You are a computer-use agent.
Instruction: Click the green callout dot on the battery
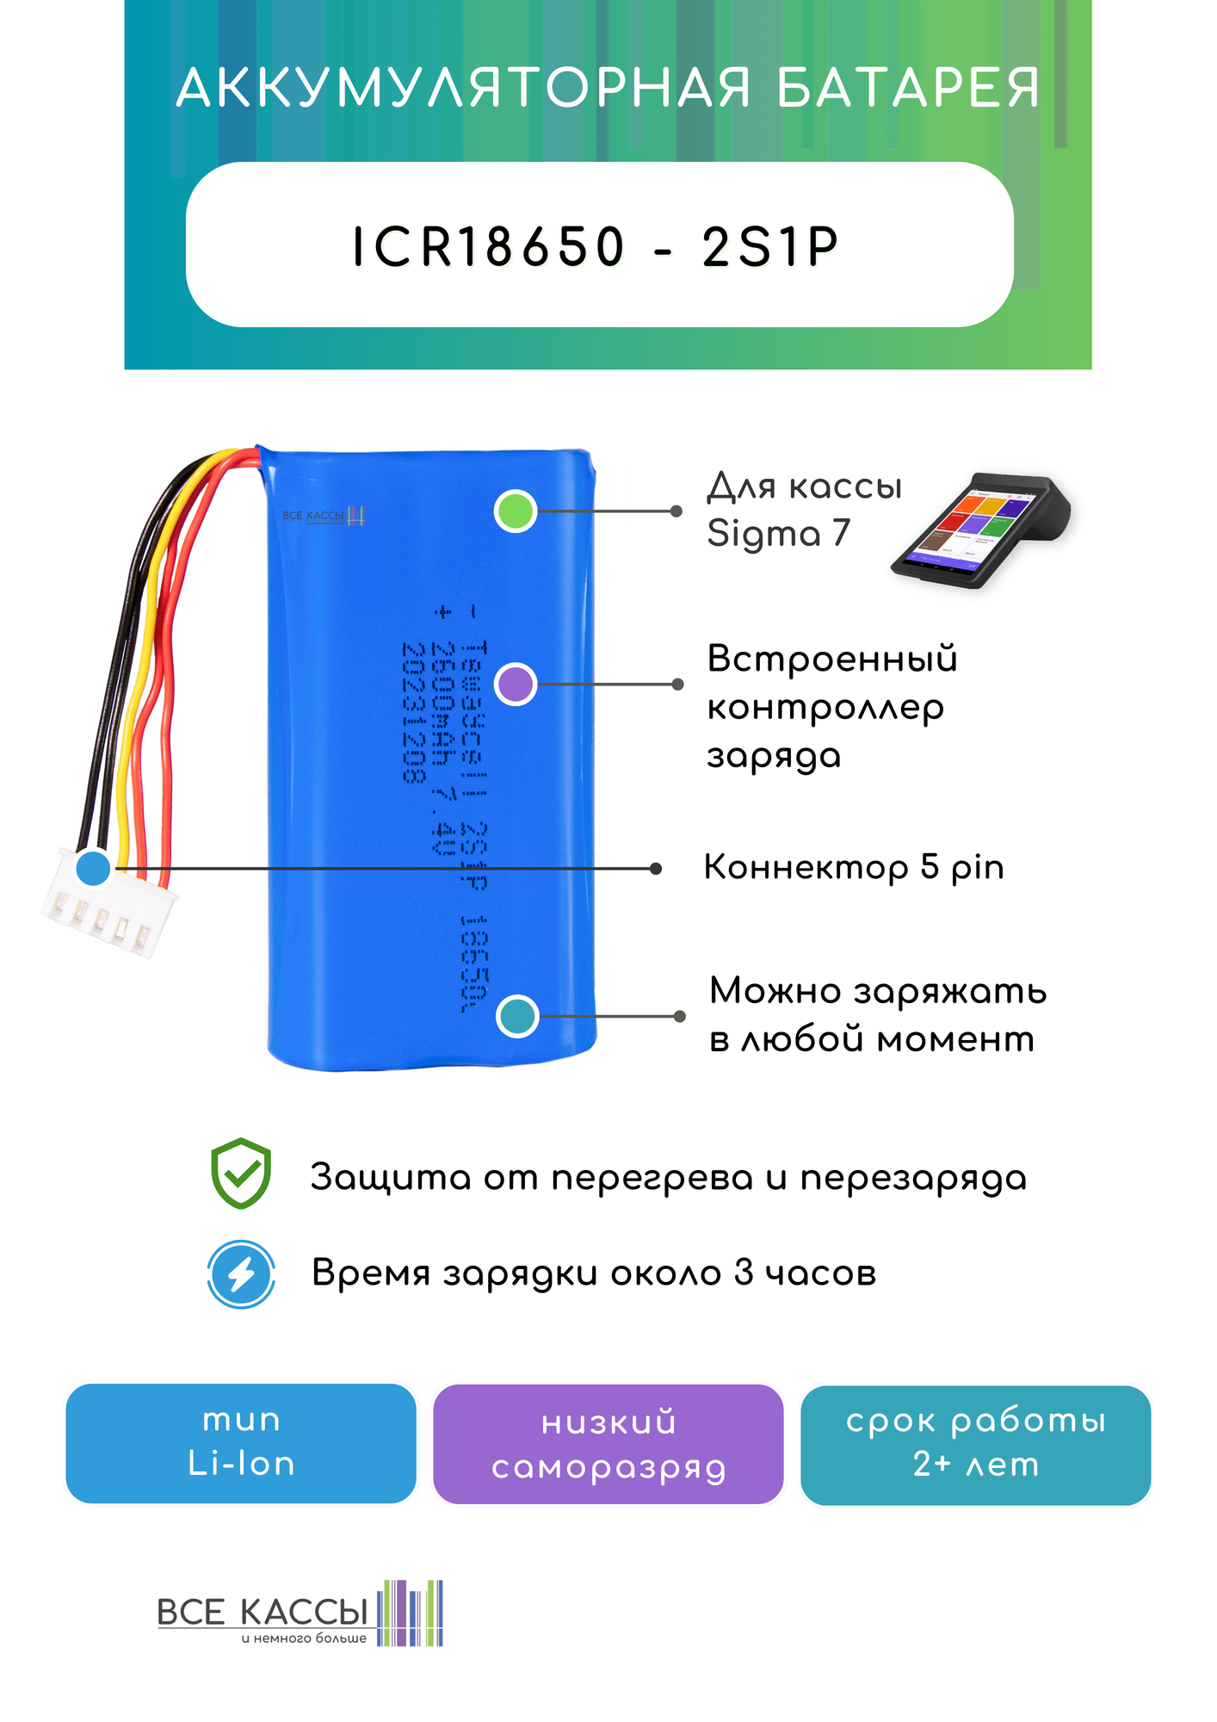[516, 511]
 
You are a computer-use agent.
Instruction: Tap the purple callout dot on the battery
[516, 684]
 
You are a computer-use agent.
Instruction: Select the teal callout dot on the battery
[517, 1016]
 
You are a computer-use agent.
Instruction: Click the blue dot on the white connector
[93, 868]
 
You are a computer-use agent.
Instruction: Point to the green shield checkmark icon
[242, 1173]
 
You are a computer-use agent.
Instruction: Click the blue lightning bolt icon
[242, 1274]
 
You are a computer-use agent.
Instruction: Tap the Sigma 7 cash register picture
[982, 530]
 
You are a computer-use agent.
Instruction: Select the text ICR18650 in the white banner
[488, 247]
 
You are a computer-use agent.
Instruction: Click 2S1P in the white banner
[769, 247]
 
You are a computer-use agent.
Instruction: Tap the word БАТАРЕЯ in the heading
[908, 88]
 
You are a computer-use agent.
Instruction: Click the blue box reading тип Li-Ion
[241, 1443]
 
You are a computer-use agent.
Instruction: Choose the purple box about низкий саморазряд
[608, 1444]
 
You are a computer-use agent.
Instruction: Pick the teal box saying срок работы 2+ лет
[975, 1444]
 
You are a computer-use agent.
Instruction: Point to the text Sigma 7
[778, 533]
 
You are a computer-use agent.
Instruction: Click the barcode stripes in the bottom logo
[411, 1613]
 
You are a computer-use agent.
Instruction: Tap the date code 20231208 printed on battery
[414, 712]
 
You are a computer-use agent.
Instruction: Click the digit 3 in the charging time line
[744, 1273]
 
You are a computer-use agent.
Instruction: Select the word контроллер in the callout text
[825, 709]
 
